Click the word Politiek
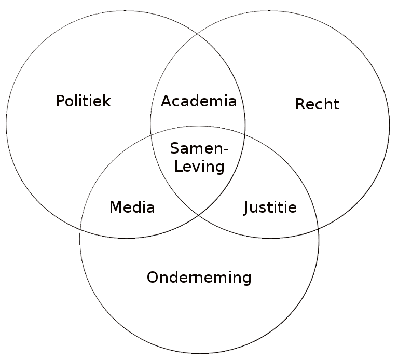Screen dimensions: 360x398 (x=84, y=101)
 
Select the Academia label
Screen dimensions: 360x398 (x=198, y=101)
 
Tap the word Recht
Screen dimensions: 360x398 (x=317, y=104)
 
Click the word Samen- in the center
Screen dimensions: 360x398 (x=199, y=148)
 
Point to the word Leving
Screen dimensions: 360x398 (x=199, y=167)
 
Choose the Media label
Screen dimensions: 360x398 (x=132, y=208)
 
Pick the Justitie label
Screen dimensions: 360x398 (x=270, y=208)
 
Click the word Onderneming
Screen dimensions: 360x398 (x=199, y=278)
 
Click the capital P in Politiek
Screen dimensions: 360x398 (x=60, y=101)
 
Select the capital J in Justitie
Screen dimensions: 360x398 (x=247, y=208)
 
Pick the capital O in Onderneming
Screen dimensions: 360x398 (x=152, y=278)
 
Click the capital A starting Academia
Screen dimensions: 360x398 (x=166, y=101)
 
